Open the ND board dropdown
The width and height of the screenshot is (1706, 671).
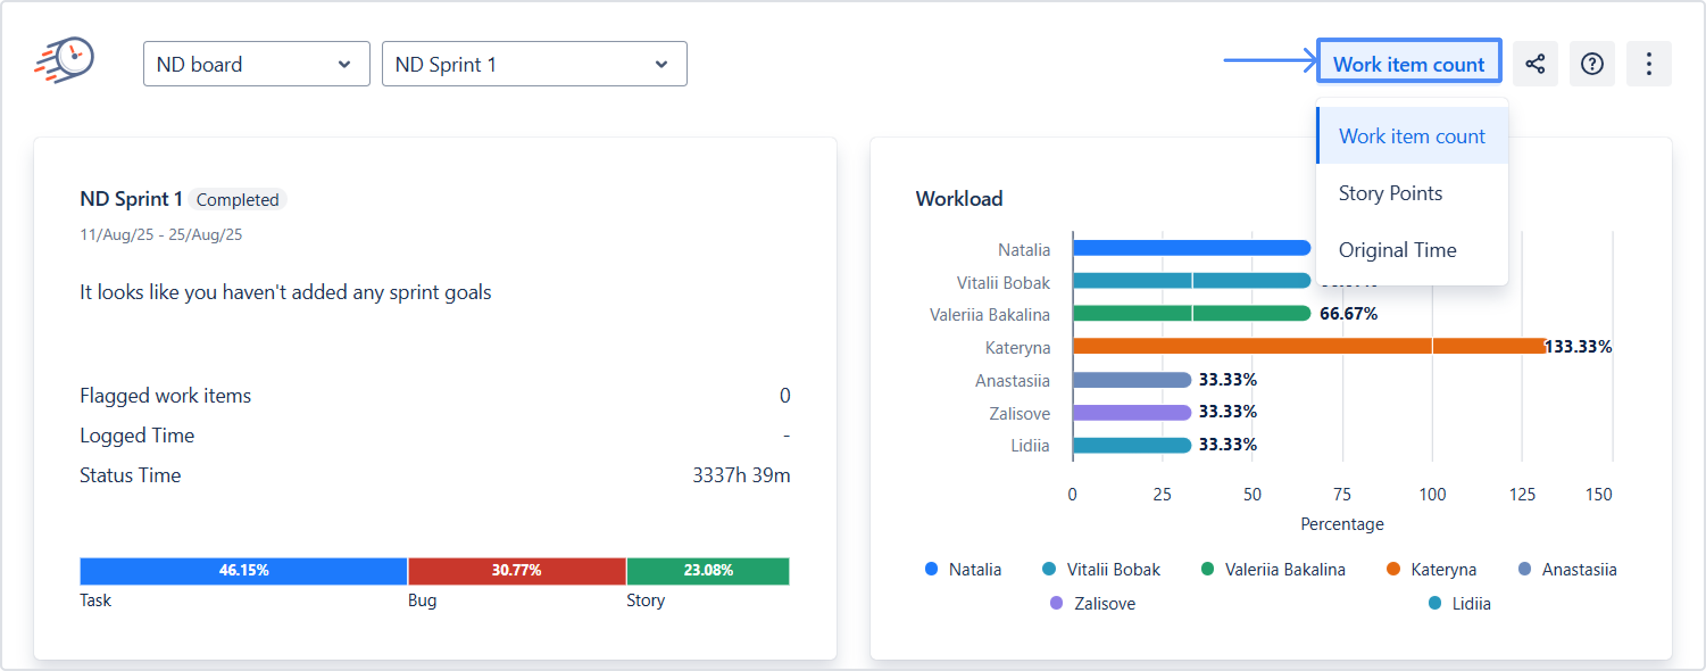256,64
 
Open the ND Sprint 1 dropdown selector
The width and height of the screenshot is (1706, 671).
534,64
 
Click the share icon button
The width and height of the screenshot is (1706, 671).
1534,64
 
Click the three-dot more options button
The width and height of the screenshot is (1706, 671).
1649,64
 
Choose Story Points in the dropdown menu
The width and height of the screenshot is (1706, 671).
1390,193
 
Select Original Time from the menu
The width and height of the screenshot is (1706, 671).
1397,250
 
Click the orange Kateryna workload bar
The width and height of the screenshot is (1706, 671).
1308,346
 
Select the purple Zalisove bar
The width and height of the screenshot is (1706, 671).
1131,413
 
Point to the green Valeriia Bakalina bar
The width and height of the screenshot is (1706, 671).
1191,313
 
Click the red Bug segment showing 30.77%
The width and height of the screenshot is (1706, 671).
517,570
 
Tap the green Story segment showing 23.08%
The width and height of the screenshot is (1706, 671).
708,570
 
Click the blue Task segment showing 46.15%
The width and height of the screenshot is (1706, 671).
243,570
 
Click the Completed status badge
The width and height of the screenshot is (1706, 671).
237,200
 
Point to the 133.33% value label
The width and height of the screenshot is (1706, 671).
1578,346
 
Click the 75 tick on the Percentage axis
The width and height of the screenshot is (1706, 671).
1342,494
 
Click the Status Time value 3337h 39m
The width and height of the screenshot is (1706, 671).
740,475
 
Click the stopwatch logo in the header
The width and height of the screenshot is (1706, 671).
65,60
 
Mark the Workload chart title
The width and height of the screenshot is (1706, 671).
958,198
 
